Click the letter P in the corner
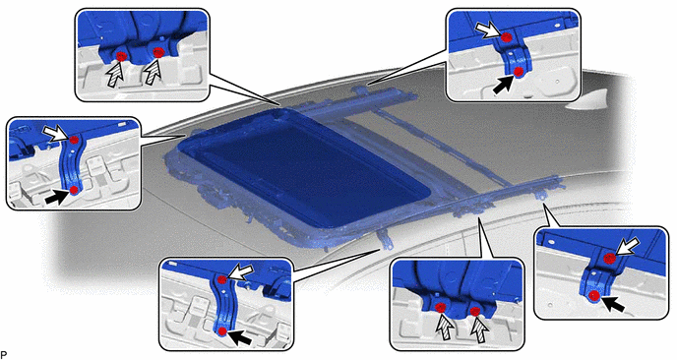coord(3,355)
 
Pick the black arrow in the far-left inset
coord(56,198)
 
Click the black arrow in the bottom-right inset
coord(613,305)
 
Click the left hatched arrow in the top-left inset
coord(114,74)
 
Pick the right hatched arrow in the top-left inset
coord(153,74)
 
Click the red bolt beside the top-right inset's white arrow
coord(507,37)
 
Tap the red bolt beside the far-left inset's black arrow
coord(74,190)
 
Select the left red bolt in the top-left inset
coord(121,56)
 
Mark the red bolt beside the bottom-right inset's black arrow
coord(594,296)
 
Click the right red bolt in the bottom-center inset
coord(475,311)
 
